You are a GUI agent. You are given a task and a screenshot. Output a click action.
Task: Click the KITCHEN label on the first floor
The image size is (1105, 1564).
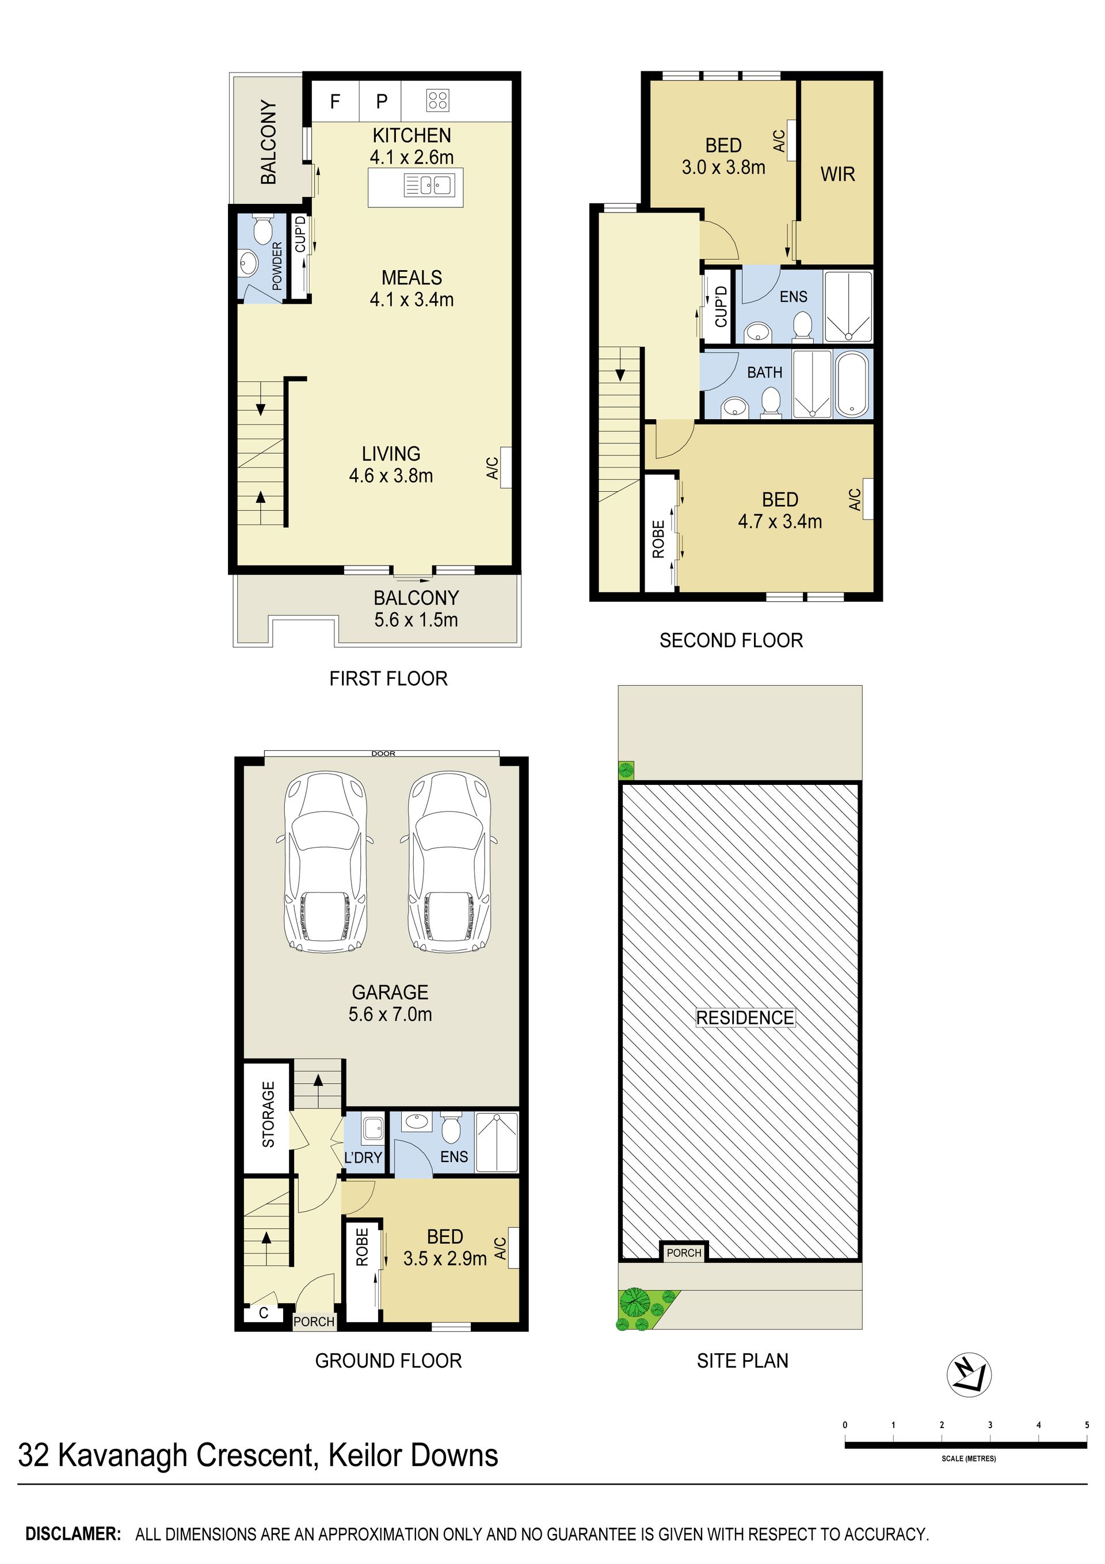(411, 135)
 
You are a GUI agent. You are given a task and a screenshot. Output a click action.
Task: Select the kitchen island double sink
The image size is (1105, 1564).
(429, 185)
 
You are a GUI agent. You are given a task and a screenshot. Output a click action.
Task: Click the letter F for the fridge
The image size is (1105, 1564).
(335, 101)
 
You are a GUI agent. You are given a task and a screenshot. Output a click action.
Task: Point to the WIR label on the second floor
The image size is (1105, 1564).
(837, 174)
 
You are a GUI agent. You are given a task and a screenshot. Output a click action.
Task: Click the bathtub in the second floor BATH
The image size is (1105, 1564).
(852, 384)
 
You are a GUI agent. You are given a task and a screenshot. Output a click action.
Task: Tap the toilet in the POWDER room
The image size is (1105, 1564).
(262, 230)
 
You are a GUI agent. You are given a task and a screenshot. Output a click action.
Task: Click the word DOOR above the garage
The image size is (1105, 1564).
(383, 753)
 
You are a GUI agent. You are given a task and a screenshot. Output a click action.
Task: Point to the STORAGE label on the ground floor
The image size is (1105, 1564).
(268, 1114)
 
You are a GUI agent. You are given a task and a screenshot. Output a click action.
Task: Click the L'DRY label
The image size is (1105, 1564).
(363, 1157)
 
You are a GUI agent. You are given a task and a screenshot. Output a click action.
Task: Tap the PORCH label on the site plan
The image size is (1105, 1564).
(684, 1252)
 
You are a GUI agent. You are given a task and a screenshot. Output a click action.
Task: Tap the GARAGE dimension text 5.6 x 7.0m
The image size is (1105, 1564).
(390, 1013)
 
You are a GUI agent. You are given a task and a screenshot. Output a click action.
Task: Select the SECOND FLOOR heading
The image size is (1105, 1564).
(731, 640)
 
